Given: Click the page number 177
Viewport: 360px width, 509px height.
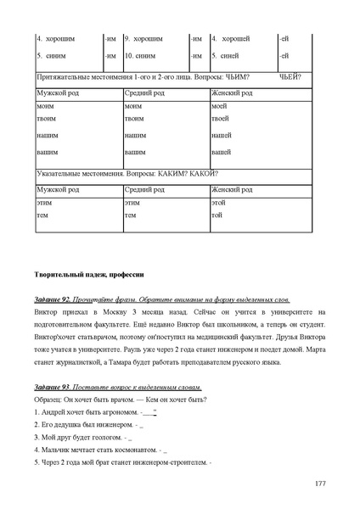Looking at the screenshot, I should [319, 483].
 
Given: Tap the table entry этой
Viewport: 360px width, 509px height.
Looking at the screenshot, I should [218, 204].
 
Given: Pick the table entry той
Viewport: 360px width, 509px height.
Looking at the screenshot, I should [217, 216].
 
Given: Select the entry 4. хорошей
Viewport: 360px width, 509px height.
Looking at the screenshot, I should [229, 39].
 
